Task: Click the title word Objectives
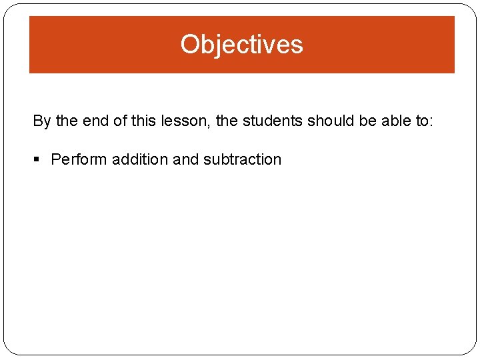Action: click(x=241, y=45)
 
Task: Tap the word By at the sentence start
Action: click(x=41, y=121)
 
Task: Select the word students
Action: click(x=273, y=121)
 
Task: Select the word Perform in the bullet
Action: click(x=79, y=160)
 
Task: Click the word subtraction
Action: click(x=242, y=160)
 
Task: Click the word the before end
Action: click(x=66, y=121)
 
